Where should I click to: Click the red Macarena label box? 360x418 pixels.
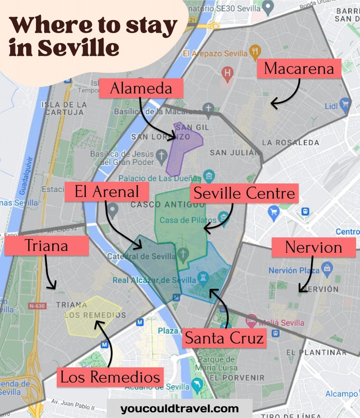coord(299,68)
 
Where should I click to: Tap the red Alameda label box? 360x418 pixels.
coord(141,88)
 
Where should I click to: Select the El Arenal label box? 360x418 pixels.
coord(107,192)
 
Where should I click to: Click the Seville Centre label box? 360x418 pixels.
coord(244,193)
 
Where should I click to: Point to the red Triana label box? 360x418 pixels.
coord(46,246)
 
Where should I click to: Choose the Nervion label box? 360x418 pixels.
coord(313,247)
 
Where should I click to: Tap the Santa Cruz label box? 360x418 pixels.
coord(224,338)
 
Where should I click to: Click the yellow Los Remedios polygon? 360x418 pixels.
coord(92,316)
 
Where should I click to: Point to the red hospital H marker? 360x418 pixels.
coord(227,73)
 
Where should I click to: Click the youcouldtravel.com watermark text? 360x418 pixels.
coord(179,409)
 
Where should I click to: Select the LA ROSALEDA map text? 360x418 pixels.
coord(291,143)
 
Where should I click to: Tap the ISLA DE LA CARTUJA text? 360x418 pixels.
coord(64,109)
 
